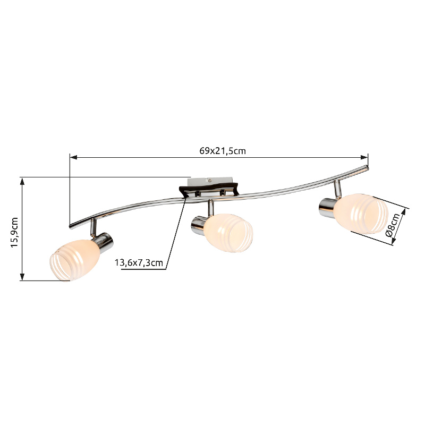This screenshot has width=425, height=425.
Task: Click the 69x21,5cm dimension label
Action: (x=223, y=151)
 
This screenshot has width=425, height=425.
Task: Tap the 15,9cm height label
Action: (x=14, y=232)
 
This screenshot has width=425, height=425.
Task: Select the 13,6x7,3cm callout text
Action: (x=139, y=262)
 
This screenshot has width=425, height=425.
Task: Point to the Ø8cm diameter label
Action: (x=394, y=225)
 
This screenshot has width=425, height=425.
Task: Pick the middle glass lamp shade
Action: (x=228, y=233)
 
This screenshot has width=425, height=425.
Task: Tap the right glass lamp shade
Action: (x=361, y=214)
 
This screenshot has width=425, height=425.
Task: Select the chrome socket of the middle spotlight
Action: (x=200, y=225)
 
